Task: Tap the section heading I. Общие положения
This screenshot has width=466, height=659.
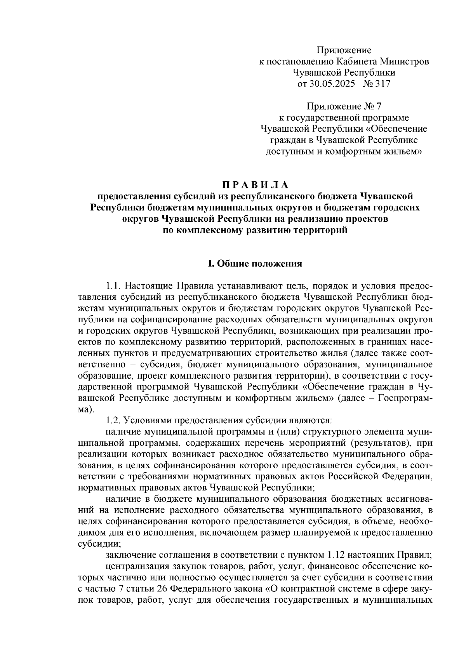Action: [x=255, y=264]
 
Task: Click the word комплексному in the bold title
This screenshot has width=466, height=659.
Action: [x=211, y=230]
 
